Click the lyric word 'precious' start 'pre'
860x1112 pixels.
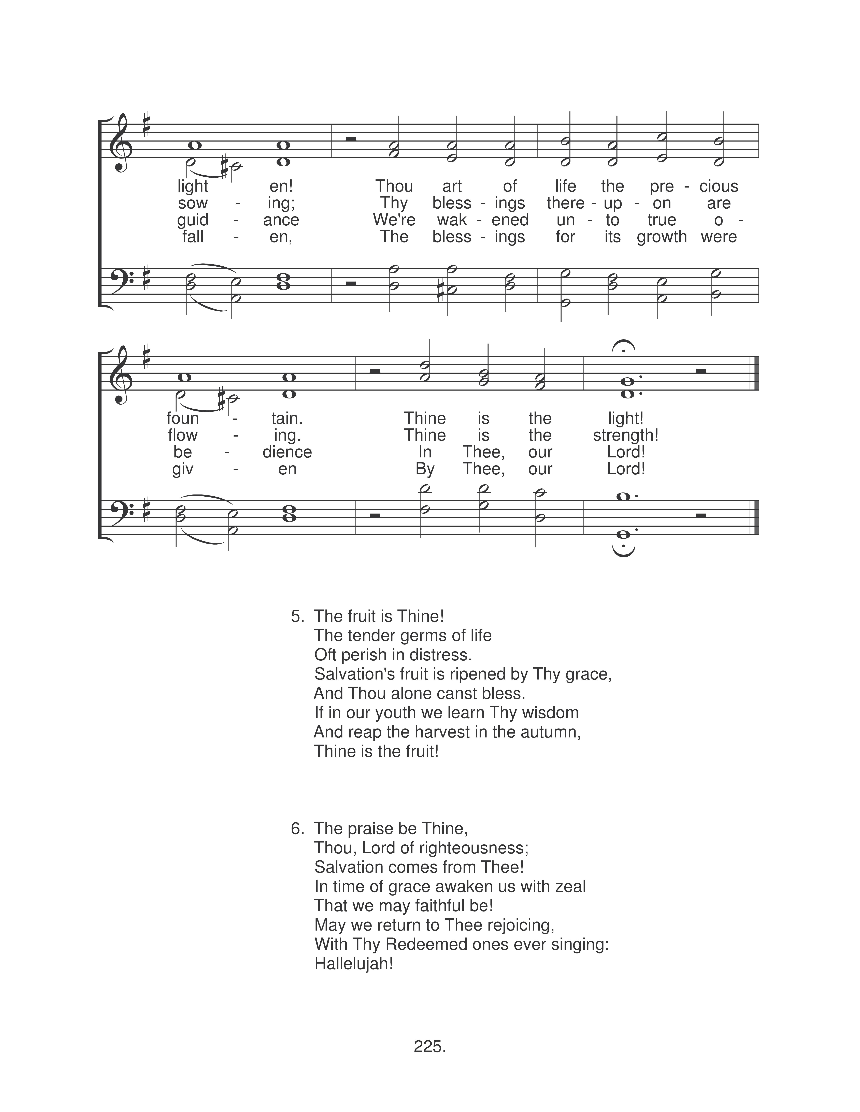click(x=662, y=186)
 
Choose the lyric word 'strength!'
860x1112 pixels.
click(x=626, y=435)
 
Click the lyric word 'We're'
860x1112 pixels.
click(x=394, y=220)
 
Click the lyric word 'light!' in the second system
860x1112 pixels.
click(x=626, y=419)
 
